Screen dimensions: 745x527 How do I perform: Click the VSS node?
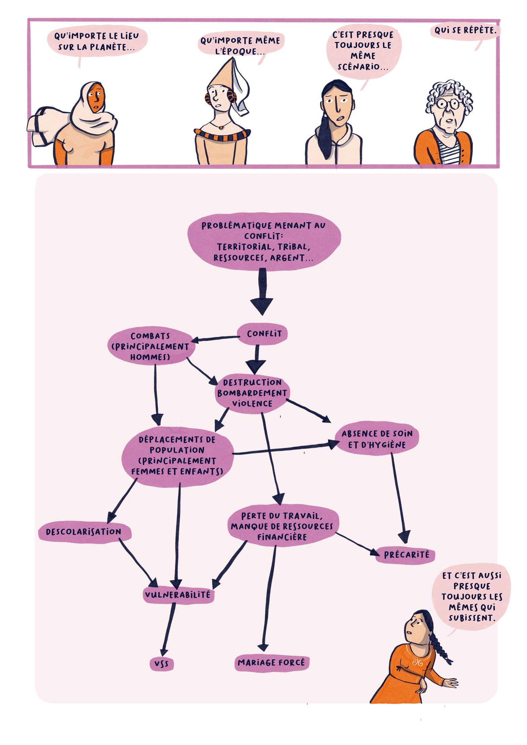[162, 664]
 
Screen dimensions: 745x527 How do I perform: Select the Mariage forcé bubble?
[271, 662]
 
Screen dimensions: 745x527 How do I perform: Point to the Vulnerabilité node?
[177, 595]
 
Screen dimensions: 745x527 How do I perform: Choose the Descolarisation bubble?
[84, 532]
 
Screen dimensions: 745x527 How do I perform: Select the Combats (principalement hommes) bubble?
[151, 346]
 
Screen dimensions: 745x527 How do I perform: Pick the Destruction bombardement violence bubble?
[252, 393]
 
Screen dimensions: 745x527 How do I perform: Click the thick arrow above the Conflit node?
[262, 292]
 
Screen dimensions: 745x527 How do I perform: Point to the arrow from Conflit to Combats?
[215, 338]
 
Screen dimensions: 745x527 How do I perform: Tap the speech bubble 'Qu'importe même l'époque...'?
[240, 45]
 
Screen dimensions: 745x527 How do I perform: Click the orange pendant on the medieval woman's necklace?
[221, 127]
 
